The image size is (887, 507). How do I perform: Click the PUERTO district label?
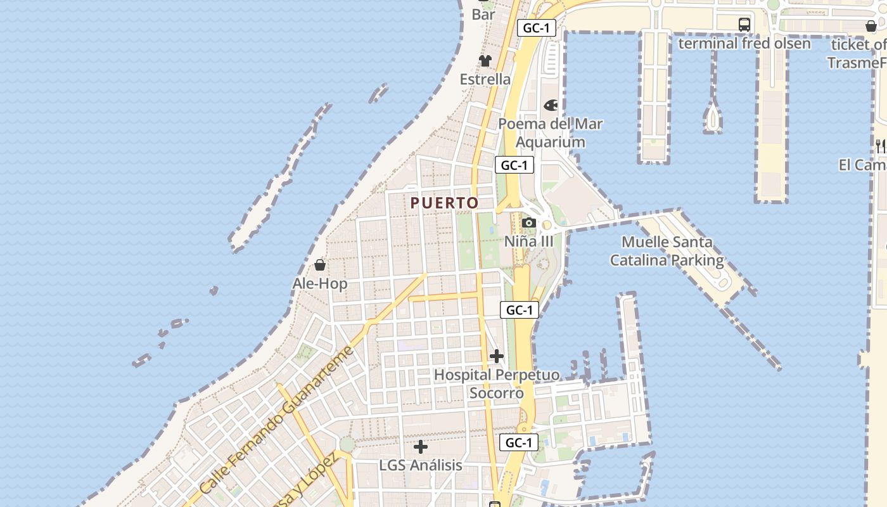[444, 203]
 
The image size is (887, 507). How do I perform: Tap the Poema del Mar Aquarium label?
[550, 132]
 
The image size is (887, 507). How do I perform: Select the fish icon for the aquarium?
[551, 105]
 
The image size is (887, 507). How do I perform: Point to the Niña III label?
[528, 241]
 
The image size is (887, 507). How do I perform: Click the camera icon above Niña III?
[528, 222]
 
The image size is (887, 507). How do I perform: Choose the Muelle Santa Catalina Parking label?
[667, 251]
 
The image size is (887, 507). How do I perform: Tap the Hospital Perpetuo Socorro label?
[497, 384]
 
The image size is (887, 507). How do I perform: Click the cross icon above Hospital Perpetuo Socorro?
[497, 356]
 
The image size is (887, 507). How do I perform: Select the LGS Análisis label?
[421, 465]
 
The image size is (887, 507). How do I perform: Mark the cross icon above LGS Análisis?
[421, 447]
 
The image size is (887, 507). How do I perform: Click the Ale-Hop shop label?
[320, 283]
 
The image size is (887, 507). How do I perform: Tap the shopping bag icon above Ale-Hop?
[320, 265]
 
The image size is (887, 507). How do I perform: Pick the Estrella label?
[485, 79]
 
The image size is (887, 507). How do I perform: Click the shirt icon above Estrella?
[485, 61]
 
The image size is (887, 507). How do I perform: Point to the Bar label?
[483, 14]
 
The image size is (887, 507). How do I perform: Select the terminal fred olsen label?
[744, 43]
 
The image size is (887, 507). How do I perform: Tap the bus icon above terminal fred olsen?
[744, 25]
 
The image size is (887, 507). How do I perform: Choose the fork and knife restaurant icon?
[881, 146]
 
